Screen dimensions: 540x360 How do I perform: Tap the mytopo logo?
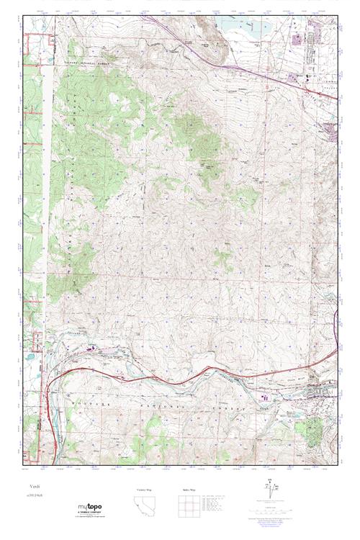pos(90,508)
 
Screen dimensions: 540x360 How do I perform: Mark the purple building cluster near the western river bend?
pos(91,350)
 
